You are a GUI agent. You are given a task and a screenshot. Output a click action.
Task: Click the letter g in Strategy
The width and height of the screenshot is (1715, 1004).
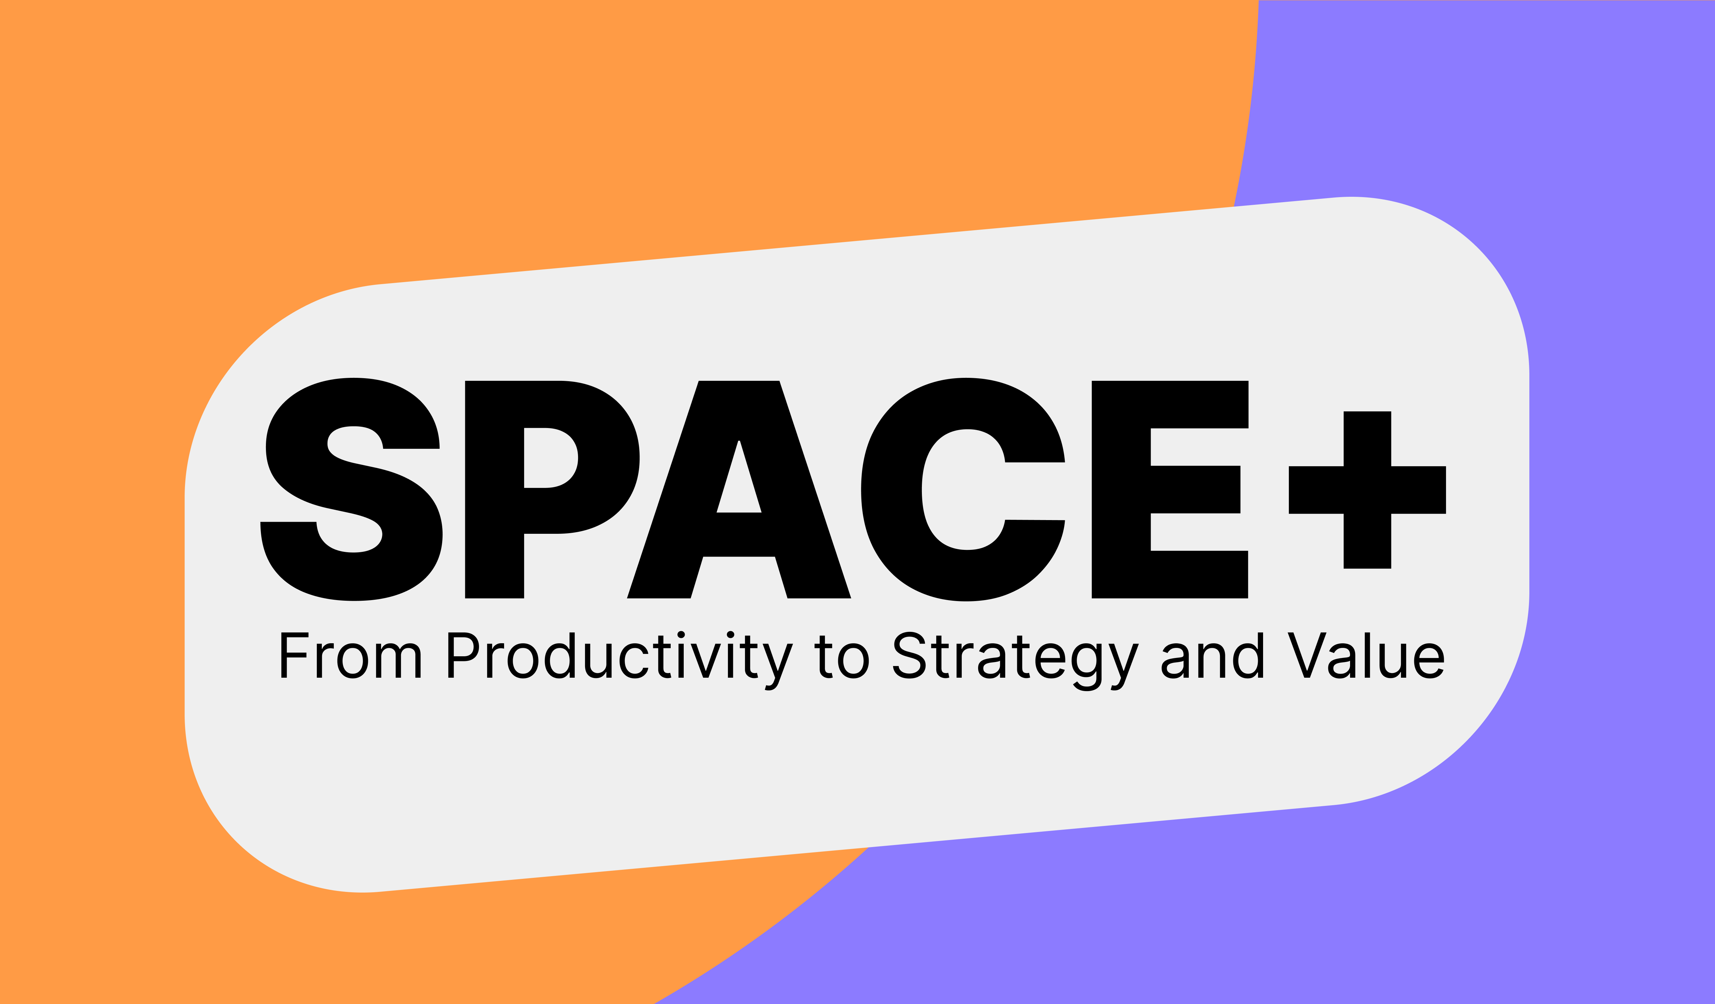(1087, 664)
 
